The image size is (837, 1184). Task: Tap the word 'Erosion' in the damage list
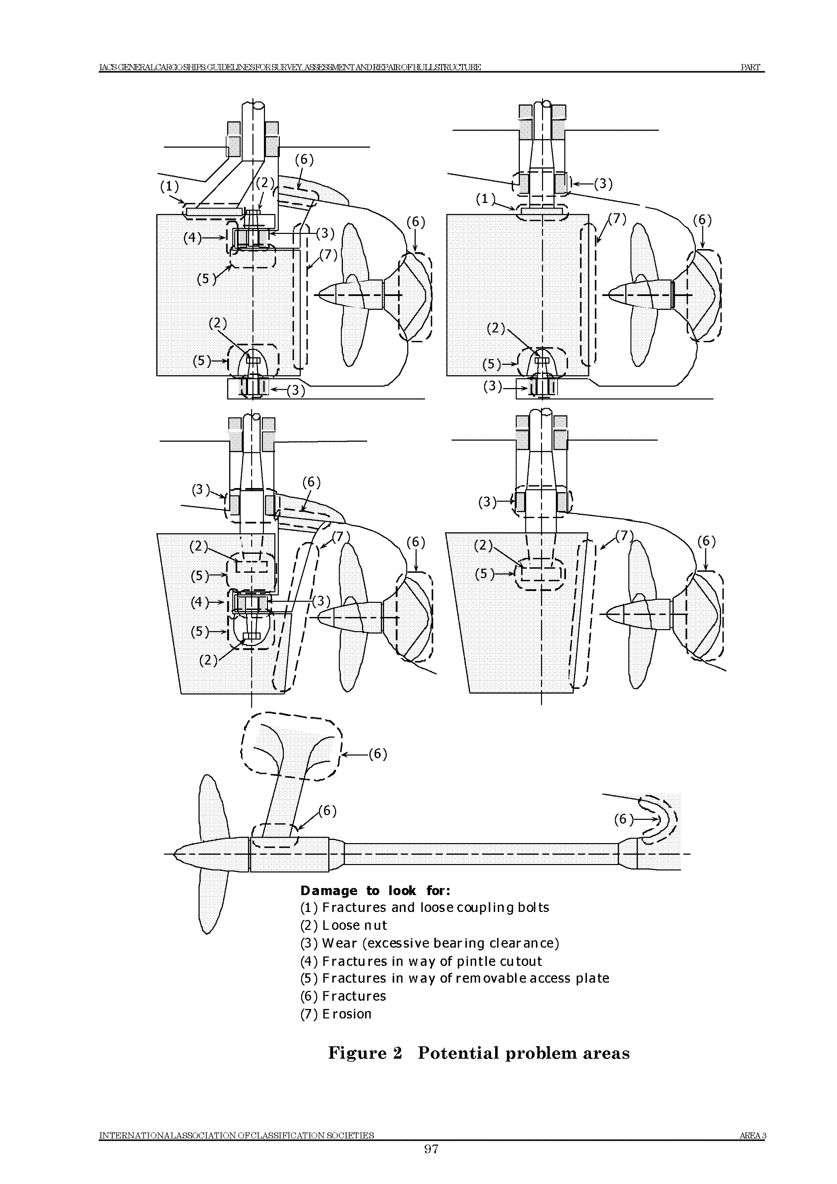tap(347, 1014)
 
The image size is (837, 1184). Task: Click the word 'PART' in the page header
tap(750, 67)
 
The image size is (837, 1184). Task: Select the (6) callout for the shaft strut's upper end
tap(378, 754)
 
